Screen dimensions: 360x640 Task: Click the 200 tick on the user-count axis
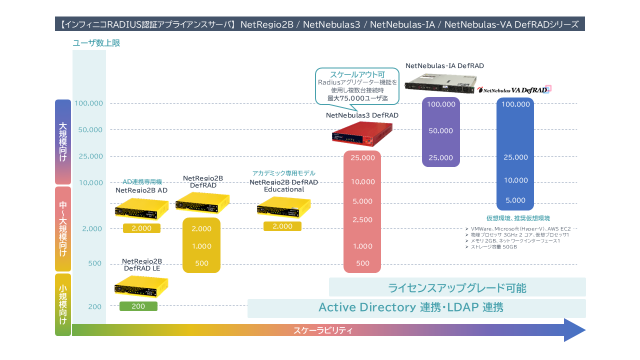(95, 306)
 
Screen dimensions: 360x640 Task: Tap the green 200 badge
(138, 306)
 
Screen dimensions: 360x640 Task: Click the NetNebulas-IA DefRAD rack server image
(440, 82)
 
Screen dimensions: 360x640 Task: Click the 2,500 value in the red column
(362, 220)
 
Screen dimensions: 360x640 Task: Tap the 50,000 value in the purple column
(440, 131)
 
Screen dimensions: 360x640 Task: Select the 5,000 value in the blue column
(515, 200)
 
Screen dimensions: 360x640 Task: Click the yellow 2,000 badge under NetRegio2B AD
(141, 228)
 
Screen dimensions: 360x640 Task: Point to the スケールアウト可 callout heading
(357, 74)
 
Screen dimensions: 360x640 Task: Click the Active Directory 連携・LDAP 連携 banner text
(410, 307)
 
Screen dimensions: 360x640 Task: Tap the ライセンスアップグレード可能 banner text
(457, 288)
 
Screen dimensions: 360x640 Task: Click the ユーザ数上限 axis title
(96, 43)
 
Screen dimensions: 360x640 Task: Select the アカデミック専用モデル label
(283, 173)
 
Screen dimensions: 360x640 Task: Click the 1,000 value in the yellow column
(201, 246)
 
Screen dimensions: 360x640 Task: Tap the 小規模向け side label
(63, 304)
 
